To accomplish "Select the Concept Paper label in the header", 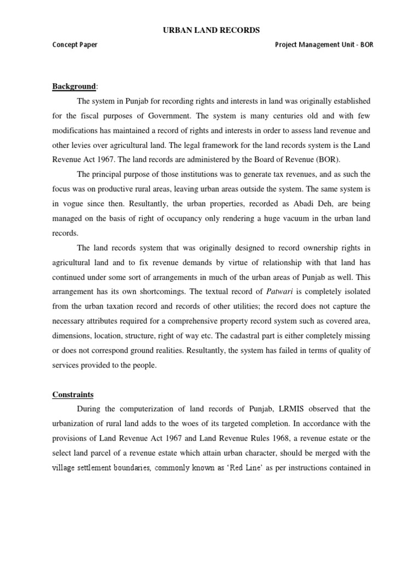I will (75, 45).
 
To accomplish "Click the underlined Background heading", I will (73, 87).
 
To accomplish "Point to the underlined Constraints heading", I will (73, 394).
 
